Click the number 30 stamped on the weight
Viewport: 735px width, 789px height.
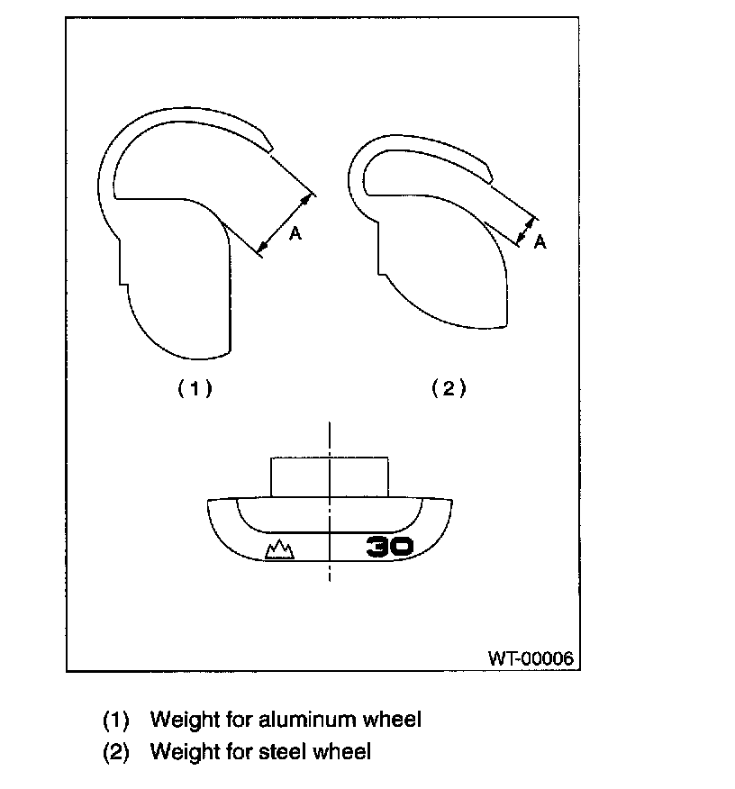pos(390,546)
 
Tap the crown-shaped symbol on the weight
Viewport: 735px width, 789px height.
pos(280,549)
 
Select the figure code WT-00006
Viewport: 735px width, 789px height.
pos(531,657)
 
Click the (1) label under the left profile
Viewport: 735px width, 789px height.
pos(194,388)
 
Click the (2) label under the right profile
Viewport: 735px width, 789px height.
pos(449,388)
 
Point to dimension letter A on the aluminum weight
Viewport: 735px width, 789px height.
pos(295,234)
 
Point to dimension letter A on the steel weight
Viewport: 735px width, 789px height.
pos(540,241)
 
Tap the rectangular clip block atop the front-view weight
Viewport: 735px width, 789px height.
pos(330,476)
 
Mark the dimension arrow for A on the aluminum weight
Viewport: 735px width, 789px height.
pos(286,220)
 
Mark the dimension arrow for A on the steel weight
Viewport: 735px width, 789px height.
pos(526,229)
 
